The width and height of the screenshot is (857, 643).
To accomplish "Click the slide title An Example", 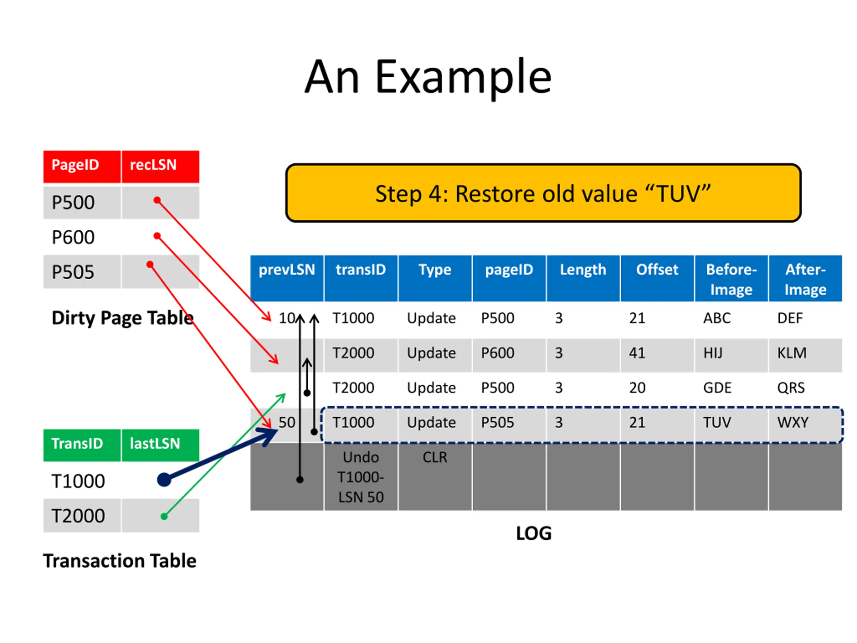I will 428,77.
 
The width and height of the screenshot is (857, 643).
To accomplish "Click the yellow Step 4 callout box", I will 543,193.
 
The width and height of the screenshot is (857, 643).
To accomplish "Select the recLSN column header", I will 153,165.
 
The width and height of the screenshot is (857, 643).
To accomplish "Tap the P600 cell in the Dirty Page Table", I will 73,237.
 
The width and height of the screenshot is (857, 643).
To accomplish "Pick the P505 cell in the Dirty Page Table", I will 73,272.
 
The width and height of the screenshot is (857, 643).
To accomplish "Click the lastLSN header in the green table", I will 155,444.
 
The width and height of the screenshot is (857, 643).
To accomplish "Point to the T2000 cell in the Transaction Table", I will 78,516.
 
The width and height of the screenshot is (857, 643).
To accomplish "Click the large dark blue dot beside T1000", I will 164,480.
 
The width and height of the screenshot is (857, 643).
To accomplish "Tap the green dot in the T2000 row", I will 164,516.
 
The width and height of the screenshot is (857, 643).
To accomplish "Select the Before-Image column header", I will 731,279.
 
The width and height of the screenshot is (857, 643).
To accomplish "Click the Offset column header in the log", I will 657,270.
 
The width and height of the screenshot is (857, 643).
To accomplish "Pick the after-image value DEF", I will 790,318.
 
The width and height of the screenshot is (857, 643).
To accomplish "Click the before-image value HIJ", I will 713,353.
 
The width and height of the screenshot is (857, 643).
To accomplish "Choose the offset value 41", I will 637,353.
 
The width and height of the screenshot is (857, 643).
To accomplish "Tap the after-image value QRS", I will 791,388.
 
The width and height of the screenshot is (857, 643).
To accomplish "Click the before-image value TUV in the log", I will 717,422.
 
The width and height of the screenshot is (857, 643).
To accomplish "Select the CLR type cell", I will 435,458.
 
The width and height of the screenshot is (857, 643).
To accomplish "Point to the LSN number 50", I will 287,422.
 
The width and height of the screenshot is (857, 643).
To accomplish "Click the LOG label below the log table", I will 534,534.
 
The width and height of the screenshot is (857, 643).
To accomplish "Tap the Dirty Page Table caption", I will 123,318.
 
